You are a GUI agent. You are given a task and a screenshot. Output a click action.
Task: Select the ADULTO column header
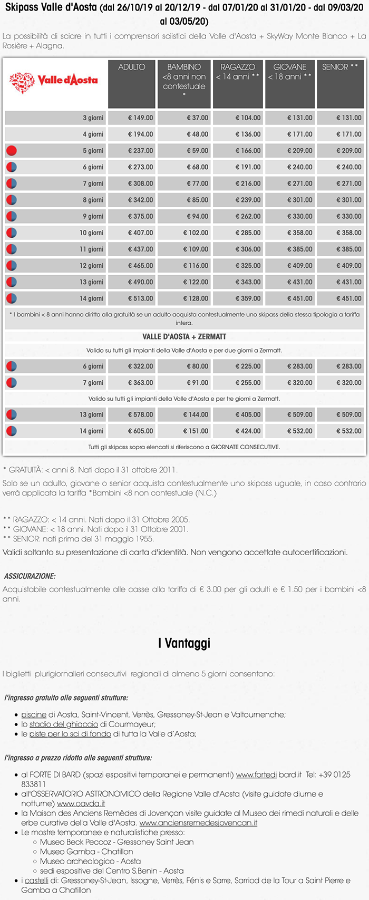[x=132, y=67]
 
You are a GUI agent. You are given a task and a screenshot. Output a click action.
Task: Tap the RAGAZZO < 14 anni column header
[x=238, y=72]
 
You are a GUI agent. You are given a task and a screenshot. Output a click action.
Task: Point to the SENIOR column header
[x=340, y=67]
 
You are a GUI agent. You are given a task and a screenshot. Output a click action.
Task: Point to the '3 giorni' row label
[x=93, y=118]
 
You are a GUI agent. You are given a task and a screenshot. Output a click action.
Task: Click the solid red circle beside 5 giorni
[x=12, y=151]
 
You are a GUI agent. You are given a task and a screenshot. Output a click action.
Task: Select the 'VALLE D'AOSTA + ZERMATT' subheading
[x=184, y=336]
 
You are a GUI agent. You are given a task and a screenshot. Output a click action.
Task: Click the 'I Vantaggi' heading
[x=184, y=643]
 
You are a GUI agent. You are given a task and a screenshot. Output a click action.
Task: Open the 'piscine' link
[x=34, y=714]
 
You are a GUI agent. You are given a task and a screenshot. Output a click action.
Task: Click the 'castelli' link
[x=36, y=880]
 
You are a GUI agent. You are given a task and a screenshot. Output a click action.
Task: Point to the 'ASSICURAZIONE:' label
[x=30, y=576]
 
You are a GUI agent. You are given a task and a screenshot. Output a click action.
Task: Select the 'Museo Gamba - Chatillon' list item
[x=86, y=851]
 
